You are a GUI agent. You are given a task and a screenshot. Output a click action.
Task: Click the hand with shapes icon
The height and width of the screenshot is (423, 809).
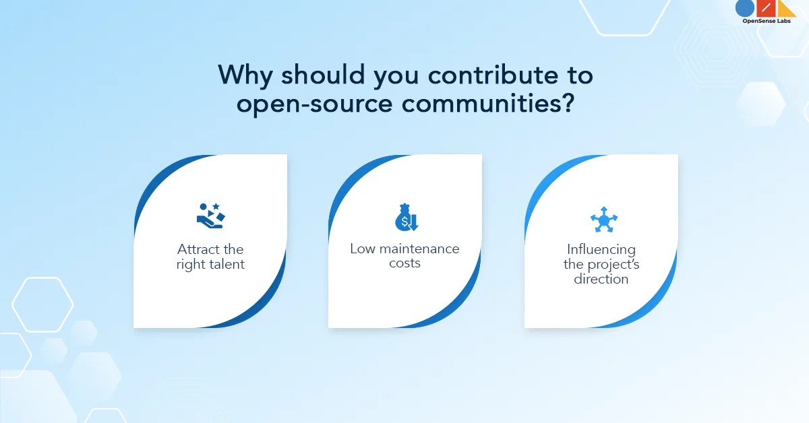click(x=210, y=216)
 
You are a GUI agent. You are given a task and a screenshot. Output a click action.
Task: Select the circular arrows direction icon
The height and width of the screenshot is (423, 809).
click(x=603, y=220)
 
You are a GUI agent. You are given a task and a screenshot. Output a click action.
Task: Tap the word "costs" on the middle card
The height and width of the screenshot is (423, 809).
click(x=404, y=263)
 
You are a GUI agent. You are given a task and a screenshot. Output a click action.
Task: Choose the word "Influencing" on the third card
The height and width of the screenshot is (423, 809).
click(x=601, y=250)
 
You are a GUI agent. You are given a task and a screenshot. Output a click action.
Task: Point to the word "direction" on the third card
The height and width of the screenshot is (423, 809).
click(x=601, y=279)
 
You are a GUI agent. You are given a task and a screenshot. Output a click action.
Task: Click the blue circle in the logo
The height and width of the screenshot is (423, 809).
click(x=745, y=8)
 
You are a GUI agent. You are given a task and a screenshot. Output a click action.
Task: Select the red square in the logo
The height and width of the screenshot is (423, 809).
click(x=765, y=8)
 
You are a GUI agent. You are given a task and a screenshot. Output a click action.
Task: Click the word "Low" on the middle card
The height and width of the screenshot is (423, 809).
click(x=363, y=249)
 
